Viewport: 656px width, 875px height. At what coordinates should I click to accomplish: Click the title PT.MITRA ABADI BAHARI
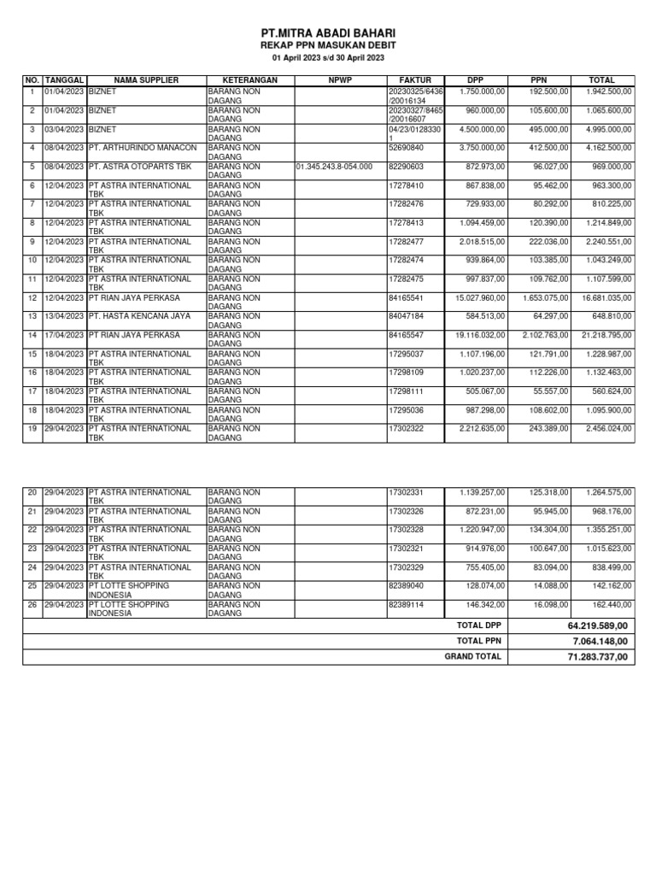(328, 32)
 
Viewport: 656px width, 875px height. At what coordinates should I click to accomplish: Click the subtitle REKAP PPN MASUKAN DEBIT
(328, 44)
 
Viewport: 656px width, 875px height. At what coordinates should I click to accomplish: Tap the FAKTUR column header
(415, 80)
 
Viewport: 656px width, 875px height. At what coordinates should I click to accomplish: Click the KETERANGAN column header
(250, 80)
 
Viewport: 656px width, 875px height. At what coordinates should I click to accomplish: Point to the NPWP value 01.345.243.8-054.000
(334, 166)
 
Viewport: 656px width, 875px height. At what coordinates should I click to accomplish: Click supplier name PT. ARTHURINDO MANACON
(143, 147)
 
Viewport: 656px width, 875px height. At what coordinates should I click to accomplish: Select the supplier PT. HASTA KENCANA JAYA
(139, 316)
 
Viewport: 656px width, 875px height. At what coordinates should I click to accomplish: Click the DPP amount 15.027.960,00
(478, 297)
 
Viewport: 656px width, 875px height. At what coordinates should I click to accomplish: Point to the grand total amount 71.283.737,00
(597, 657)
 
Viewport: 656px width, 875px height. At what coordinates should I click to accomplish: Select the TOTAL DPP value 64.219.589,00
(597, 626)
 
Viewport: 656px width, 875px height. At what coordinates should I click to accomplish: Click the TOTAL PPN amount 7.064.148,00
(600, 642)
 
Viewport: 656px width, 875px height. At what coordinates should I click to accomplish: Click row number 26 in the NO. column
(32, 604)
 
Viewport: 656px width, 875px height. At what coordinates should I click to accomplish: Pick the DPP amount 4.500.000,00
(481, 128)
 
